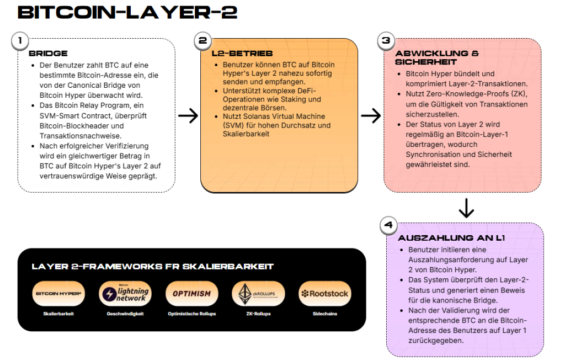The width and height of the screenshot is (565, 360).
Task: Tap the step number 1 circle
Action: coord(20,40)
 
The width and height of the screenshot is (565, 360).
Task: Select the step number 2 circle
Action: coord(202,40)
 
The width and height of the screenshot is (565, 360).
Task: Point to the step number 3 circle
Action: coord(386,40)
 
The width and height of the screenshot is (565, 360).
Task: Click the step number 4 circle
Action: coord(388,225)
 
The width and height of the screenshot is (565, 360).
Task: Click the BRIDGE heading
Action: coord(48,54)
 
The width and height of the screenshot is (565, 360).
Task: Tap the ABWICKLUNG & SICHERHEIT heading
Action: coord(437,58)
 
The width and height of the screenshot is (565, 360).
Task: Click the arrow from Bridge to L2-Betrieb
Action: coord(188,116)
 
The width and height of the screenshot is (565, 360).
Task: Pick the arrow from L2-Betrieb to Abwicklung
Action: coord(371,116)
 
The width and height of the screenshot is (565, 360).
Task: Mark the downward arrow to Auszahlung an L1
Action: coord(466,208)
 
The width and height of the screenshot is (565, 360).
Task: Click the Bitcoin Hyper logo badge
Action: coord(58,294)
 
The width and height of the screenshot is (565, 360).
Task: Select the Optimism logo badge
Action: coord(191,294)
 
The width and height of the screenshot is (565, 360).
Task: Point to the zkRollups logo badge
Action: coord(258,294)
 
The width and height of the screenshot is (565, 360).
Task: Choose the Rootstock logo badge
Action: coord(324,294)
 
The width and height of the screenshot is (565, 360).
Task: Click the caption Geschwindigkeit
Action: coord(125,314)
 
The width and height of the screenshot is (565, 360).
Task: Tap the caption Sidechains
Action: coord(324,314)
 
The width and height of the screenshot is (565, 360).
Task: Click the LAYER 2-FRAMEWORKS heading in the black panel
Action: coord(153,267)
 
